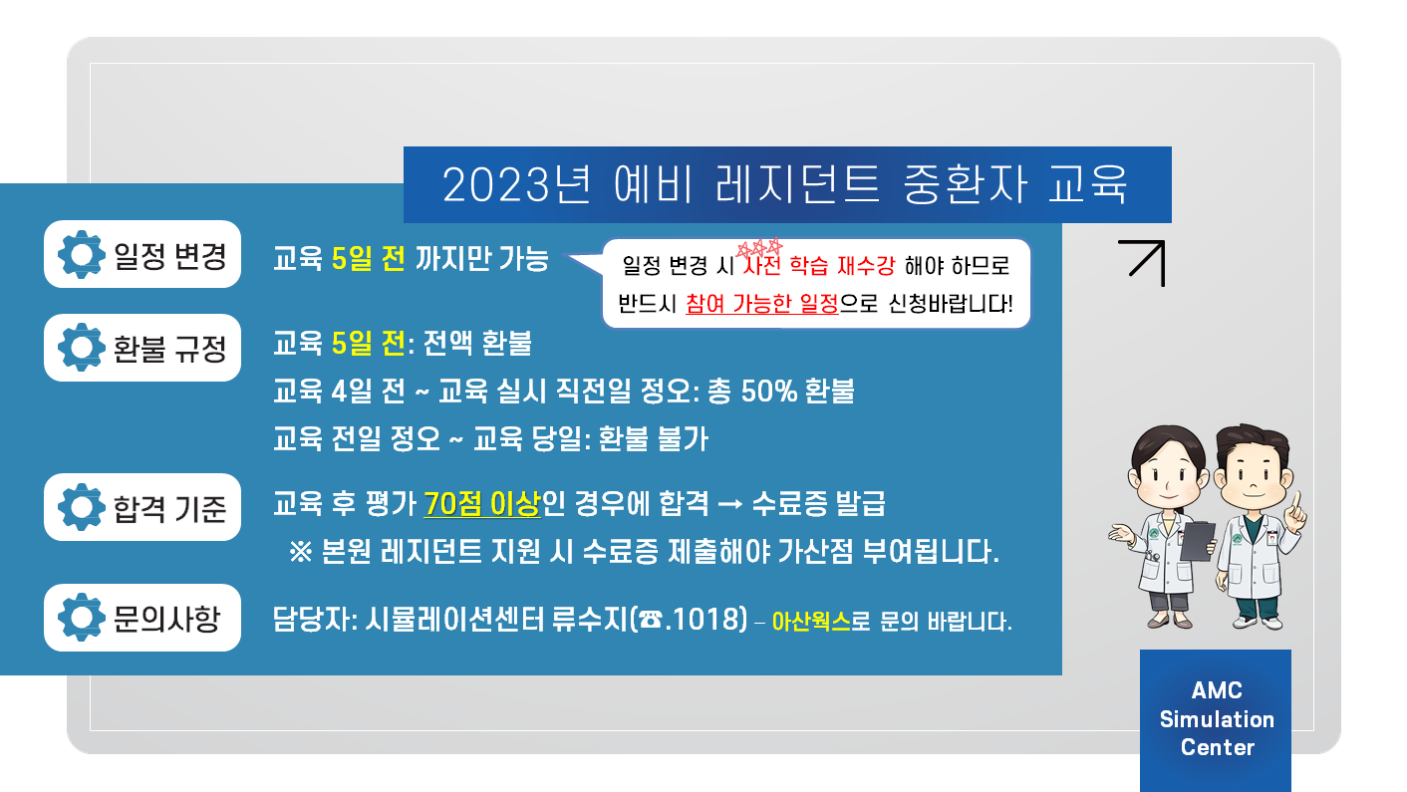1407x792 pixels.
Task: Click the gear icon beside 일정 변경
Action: click(81, 254)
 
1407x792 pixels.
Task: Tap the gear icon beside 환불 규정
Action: click(81, 348)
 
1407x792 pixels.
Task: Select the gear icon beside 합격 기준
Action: click(81, 507)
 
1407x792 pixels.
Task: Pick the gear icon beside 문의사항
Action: click(81, 618)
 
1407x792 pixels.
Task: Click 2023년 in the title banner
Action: click(516, 184)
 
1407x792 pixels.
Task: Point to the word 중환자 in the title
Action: click(965, 184)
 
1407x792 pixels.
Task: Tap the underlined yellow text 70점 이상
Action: click(481, 504)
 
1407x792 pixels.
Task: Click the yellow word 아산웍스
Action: click(811, 622)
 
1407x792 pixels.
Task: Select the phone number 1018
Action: click(708, 620)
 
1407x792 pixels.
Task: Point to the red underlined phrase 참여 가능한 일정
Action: click(762, 304)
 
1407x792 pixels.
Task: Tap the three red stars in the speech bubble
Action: click(760, 248)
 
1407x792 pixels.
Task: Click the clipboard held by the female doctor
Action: click(1197, 541)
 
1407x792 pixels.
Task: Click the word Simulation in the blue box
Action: click(1217, 719)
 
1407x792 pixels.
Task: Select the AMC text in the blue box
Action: click(1217, 690)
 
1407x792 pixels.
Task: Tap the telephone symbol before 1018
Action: click(651, 621)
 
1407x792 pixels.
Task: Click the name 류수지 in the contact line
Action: click(589, 620)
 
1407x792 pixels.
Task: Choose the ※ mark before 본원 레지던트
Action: click(300, 552)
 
